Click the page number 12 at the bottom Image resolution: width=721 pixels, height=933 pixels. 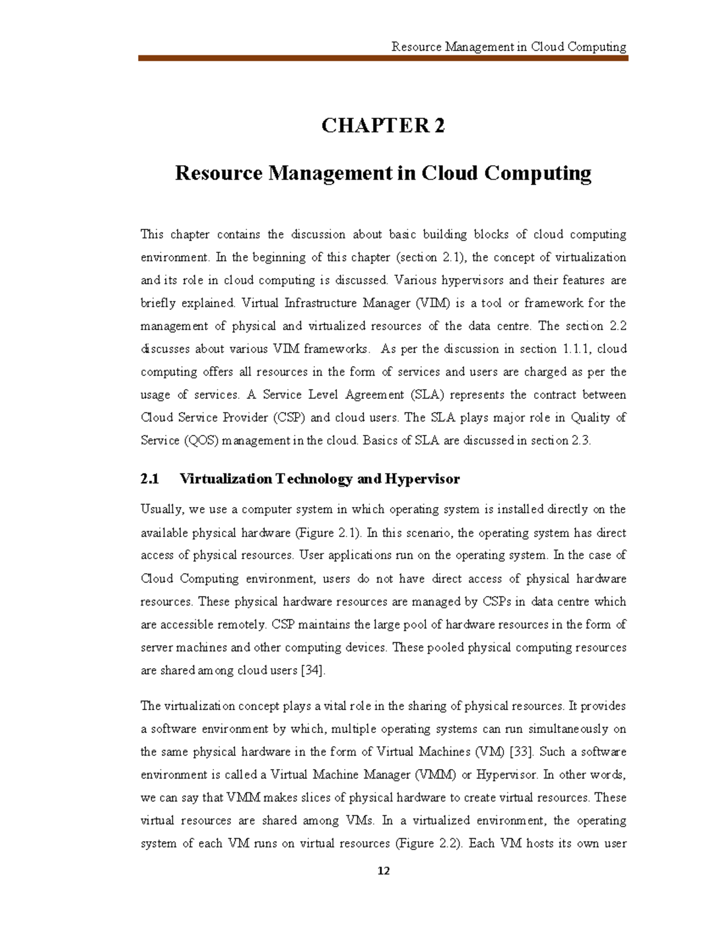click(384, 872)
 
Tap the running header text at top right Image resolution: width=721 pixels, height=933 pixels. click(508, 47)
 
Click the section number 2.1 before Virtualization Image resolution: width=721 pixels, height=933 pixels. click(150, 479)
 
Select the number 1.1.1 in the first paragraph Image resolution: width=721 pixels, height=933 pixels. click(571, 349)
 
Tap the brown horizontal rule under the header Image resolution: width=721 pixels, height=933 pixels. click(383, 58)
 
